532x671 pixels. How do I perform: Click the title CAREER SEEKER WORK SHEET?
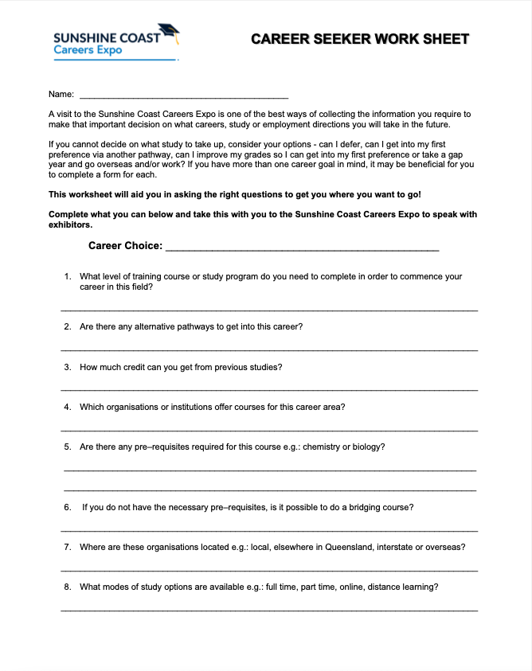(360, 38)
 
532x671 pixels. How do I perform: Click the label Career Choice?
(125, 246)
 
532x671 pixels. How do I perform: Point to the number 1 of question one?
(67, 277)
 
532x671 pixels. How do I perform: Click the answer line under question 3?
(269, 389)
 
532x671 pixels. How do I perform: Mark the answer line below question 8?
(269, 610)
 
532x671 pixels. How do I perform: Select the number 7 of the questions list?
(67, 547)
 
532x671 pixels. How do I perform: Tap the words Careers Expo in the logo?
(84, 50)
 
